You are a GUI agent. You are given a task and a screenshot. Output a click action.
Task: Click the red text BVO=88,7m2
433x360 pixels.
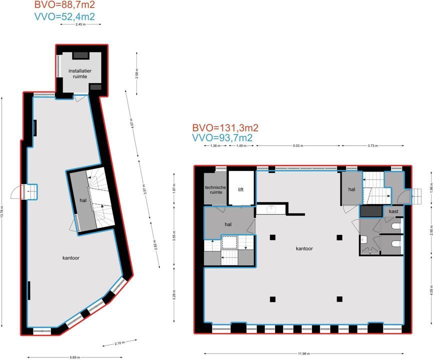(65, 5)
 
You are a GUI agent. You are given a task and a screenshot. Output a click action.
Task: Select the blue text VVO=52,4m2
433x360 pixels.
(65, 17)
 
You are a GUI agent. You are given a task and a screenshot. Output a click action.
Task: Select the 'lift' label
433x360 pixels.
(240, 189)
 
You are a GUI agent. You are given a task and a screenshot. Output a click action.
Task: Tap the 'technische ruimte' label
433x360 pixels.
(215, 190)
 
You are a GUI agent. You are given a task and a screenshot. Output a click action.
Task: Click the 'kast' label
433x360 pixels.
(393, 212)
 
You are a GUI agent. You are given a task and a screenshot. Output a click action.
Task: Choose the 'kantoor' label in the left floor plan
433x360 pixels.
(71, 258)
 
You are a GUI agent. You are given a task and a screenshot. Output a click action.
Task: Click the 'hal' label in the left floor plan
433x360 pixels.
(83, 200)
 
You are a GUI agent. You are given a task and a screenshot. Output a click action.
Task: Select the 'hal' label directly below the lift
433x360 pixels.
(228, 224)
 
